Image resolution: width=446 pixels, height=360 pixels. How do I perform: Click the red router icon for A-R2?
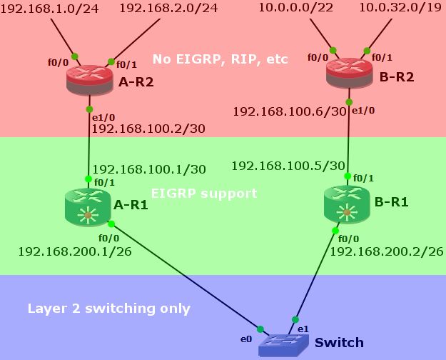[x=89, y=79]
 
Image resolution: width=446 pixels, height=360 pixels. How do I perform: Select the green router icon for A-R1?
[x=87, y=206]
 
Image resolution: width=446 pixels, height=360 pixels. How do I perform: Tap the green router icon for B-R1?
[x=347, y=202]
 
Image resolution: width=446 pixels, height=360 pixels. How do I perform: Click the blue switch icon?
[x=284, y=346]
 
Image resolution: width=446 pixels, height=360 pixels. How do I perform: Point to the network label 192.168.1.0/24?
[x=53, y=9]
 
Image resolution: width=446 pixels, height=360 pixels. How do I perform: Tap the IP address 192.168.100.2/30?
[x=148, y=129]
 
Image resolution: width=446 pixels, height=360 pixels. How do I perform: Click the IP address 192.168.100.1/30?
[x=148, y=169]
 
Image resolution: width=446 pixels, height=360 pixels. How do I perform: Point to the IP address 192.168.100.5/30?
[x=288, y=166]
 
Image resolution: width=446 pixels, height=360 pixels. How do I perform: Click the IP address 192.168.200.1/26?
[x=74, y=251]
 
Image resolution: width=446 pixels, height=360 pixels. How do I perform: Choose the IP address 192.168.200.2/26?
[x=386, y=251]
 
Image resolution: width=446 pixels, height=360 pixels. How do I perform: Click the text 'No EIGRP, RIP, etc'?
[x=220, y=59]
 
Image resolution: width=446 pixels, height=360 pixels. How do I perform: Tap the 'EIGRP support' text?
[x=204, y=194]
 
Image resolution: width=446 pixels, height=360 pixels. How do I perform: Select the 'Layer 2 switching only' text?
[x=108, y=309]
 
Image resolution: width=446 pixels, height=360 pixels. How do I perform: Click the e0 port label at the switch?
[x=246, y=339]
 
